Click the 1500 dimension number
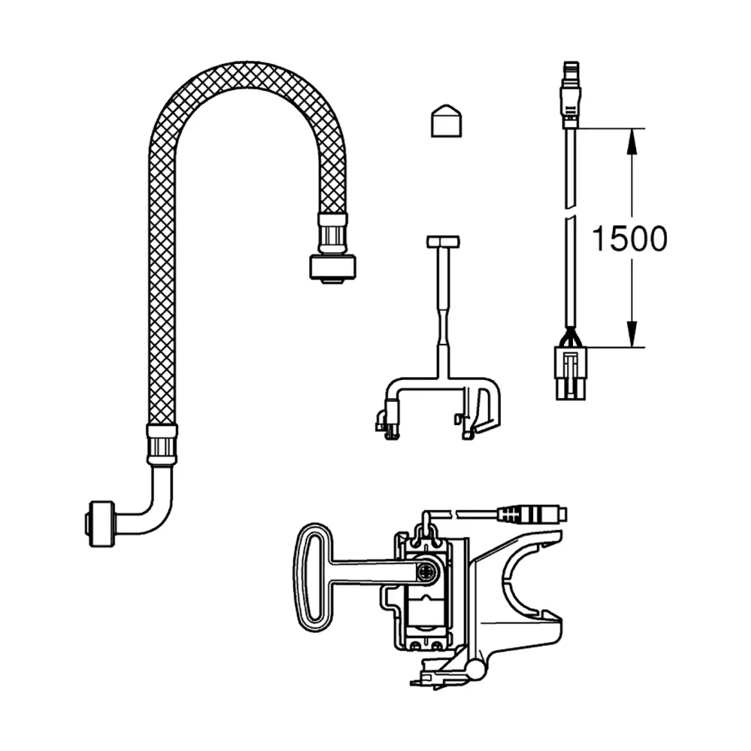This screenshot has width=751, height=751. click(629, 238)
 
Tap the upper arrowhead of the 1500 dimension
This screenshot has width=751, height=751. click(632, 141)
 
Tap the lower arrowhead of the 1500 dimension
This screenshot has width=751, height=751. click(632, 334)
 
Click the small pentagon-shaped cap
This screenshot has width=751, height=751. click(446, 121)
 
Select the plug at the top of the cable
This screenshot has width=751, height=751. click(572, 95)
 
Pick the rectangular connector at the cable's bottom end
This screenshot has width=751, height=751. click(571, 373)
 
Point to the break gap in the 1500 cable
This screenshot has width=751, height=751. click(570, 213)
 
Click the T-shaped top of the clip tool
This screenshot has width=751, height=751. click(443, 241)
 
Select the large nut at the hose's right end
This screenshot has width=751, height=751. click(333, 267)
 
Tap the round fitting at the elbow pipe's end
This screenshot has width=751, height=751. click(101, 524)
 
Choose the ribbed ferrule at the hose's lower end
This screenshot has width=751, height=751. click(162, 445)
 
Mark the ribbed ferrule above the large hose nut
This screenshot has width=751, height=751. click(333, 234)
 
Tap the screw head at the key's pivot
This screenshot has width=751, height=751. click(425, 572)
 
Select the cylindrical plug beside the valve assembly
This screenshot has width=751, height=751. click(532, 514)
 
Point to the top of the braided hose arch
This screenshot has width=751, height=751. click(246, 74)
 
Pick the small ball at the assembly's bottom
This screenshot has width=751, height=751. click(477, 671)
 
